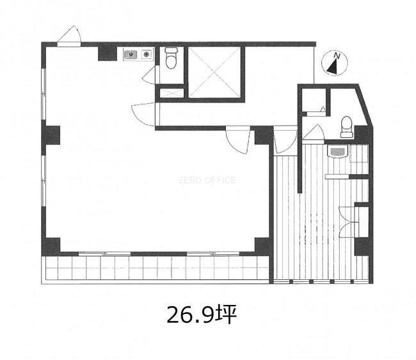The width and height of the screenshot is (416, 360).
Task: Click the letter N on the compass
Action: click(337, 56)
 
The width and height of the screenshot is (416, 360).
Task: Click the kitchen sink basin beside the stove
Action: click(131, 54)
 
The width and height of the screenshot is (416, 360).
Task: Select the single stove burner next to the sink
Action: click(146, 54)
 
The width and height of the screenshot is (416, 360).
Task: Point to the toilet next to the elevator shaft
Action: click(171, 58)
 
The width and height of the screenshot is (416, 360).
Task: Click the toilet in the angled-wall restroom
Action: click(346, 127)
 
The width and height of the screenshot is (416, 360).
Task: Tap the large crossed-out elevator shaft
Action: click(214, 72)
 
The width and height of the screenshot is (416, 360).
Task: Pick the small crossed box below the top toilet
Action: click(172, 93)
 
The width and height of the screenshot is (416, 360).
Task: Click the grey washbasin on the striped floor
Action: click(337, 151)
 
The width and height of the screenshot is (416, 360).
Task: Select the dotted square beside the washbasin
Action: click(358, 154)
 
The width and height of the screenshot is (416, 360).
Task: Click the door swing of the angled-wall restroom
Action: click(314, 131)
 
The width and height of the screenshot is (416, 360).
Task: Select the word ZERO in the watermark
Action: click(188, 180)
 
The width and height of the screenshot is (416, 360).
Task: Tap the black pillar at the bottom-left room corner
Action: click(51, 246)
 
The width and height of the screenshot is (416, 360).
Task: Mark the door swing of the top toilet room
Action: click(149, 75)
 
